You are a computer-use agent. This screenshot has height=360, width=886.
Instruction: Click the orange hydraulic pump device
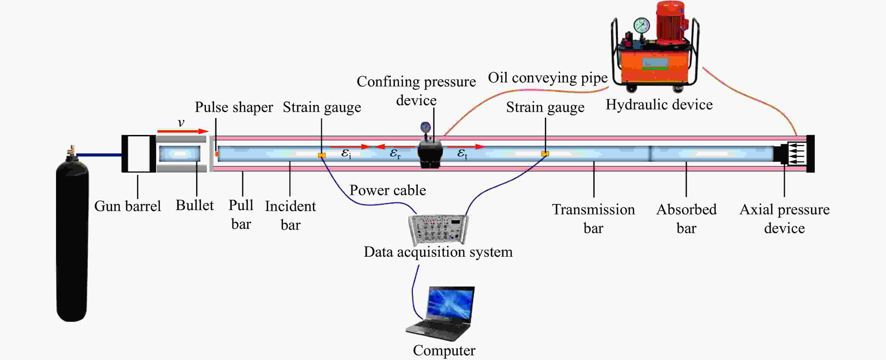[655, 46]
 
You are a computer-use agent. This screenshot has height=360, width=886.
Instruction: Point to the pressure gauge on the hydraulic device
[642, 25]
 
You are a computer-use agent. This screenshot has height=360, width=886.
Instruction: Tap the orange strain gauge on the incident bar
[322, 156]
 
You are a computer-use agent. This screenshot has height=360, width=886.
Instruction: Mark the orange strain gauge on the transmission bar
[545, 154]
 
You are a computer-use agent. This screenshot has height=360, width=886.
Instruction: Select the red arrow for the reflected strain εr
[395, 147]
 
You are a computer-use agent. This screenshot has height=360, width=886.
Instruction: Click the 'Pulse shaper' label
[234, 107]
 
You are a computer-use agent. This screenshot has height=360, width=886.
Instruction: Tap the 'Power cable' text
[388, 190]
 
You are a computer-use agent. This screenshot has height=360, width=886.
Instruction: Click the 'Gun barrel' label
[128, 206]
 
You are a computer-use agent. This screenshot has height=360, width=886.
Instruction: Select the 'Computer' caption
[444, 351]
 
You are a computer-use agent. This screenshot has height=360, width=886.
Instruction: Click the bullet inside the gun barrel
[180, 154]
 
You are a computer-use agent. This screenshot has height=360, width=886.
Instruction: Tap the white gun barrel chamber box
[139, 154]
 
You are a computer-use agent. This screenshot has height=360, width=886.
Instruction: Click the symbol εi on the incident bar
[346, 153]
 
